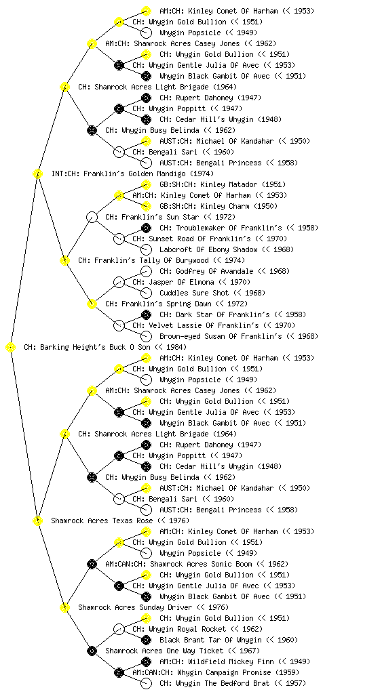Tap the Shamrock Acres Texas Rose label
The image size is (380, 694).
tap(102, 521)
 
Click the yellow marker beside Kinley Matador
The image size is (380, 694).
tap(146, 184)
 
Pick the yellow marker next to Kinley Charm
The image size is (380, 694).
tap(146, 206)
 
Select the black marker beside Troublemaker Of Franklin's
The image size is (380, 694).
tap(146, 228)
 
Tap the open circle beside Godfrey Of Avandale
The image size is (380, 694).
tap(146, 271)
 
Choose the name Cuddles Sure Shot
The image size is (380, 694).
tap(194, 293)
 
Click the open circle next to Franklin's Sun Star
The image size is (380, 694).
tap(92, 218)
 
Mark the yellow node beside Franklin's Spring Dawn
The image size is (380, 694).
tap(92, 304)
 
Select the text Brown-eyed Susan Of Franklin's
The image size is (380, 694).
tap(221, 336)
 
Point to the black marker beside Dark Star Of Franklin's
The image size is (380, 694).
tap(146, 314)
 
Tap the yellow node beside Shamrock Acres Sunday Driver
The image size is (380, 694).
tap(64, 608)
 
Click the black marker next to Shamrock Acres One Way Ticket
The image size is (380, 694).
tap(92, 651)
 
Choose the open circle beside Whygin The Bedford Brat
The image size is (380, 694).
tap(146, 683)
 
